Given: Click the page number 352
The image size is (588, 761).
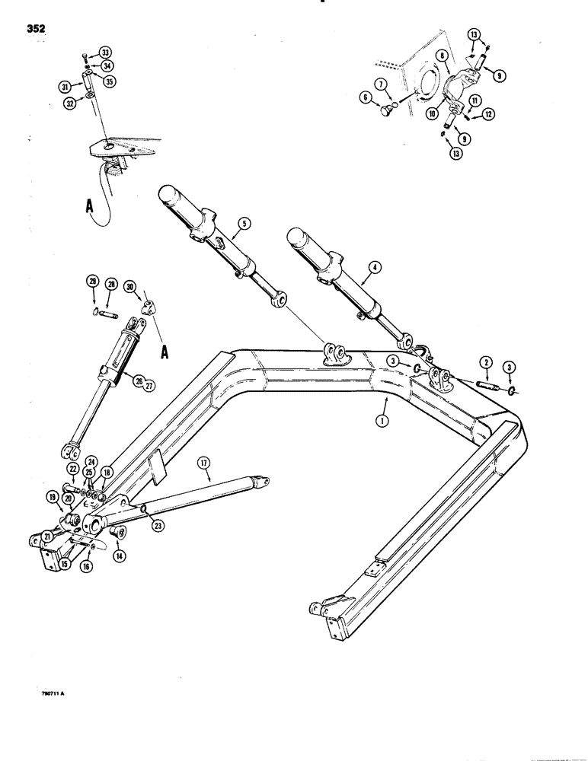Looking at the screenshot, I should (x=35, y=29).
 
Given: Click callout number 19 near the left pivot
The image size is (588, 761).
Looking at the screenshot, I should (x=53, y=499).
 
